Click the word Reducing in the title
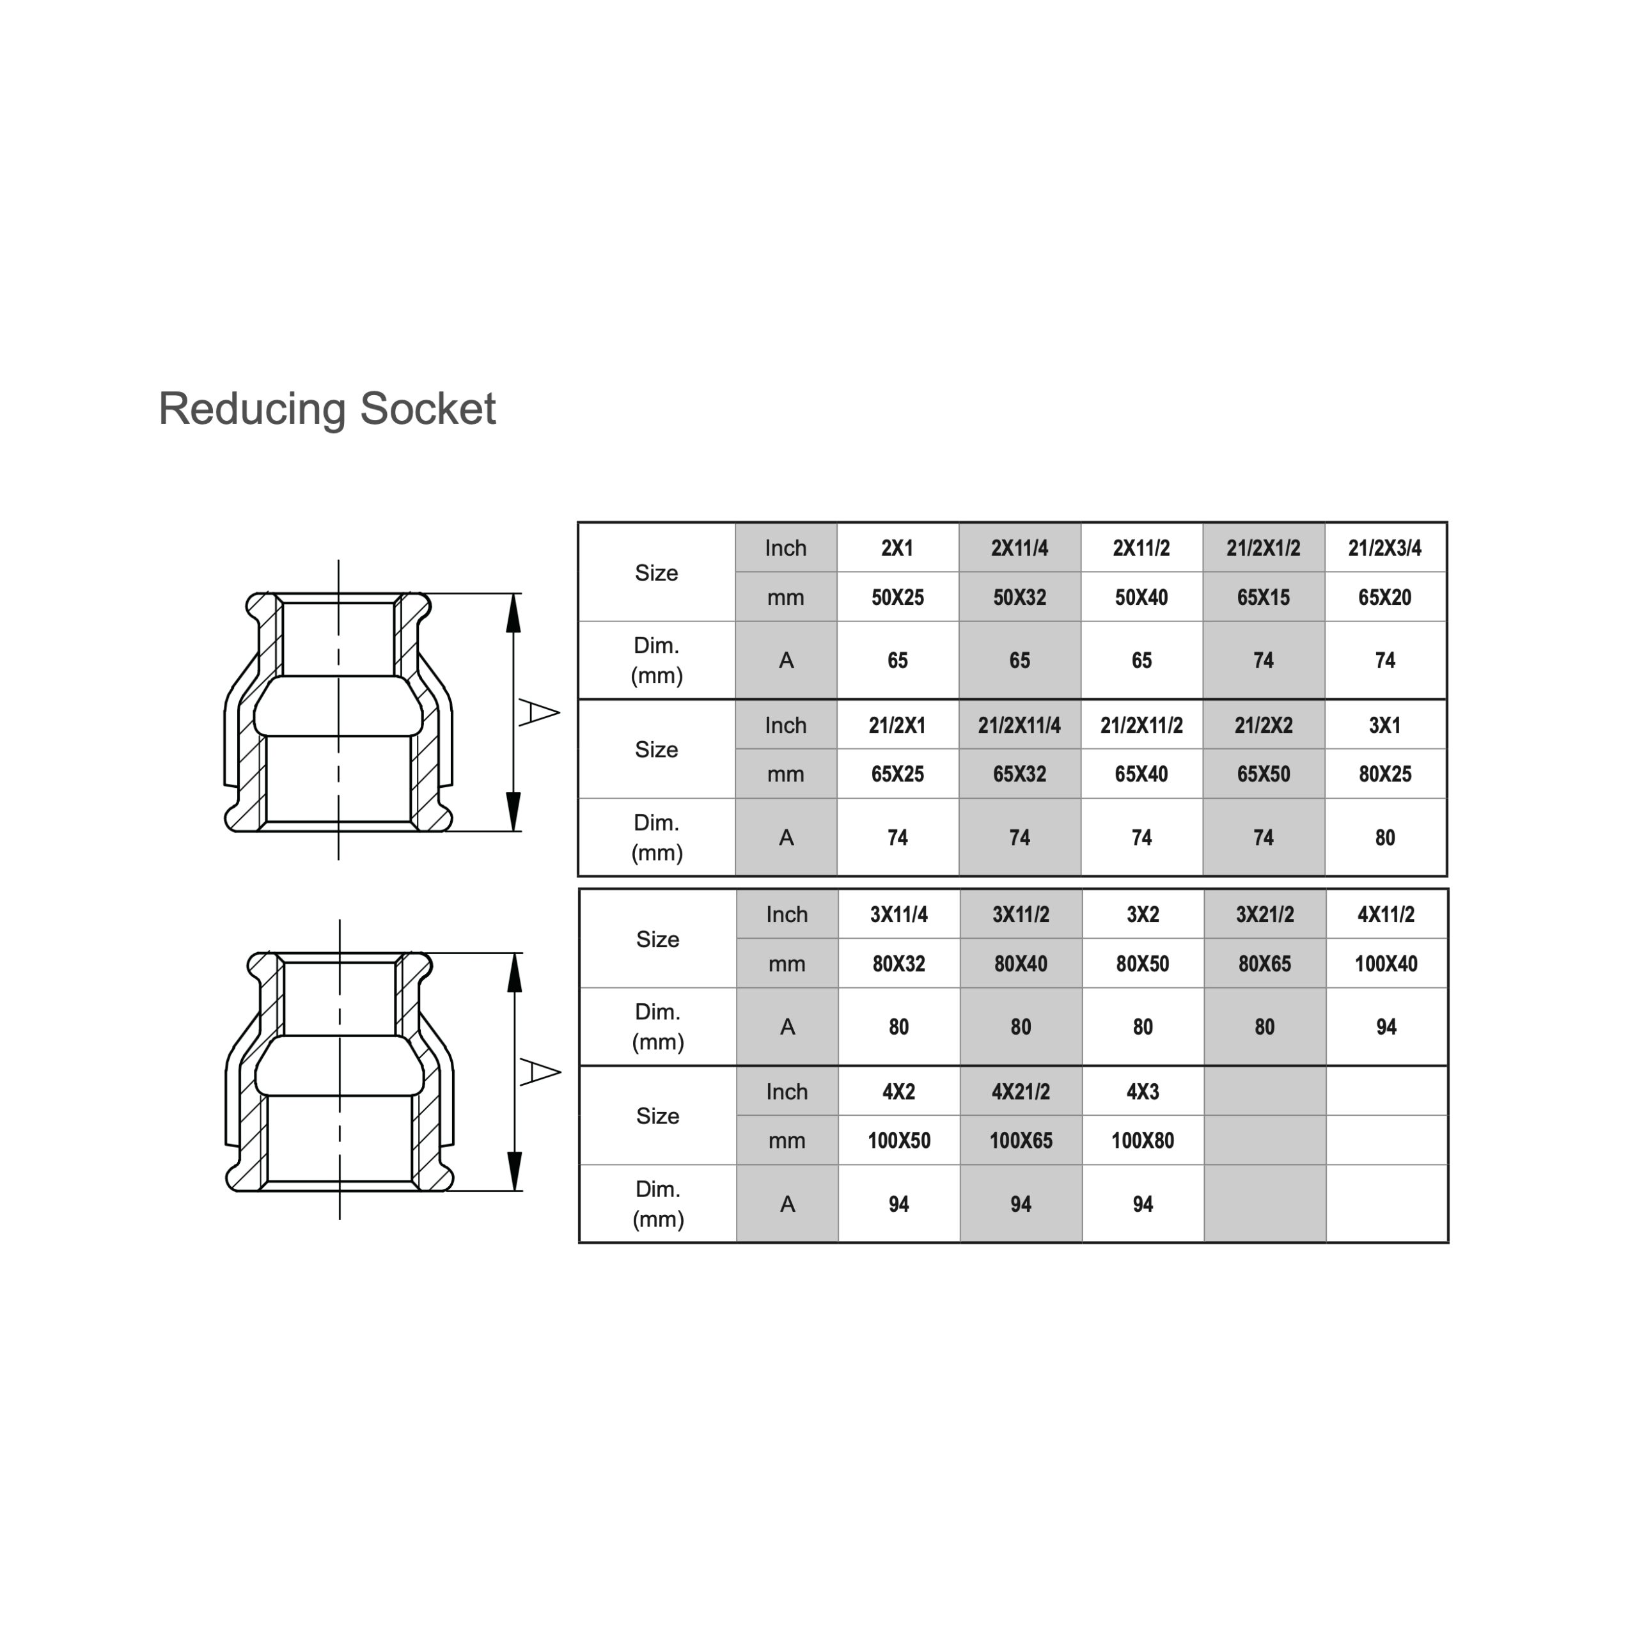pyautogui.click(x=252, y=409)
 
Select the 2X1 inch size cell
pyautogui.click(x=897, y=548)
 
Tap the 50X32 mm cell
pyautogui.click(x=1019, y=597)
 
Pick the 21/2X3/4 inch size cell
pyautogui.click(x=1384, y=548)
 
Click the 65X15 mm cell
pyautogui.click(x=1262, y=597)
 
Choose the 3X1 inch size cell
pyautogui.click(x=1384, y=725)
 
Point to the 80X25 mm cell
pyautogui.click(x=1384, y=774)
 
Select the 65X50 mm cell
pyautogui.click(x=1262, y=774)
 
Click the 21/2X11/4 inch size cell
pyautogui.click(x=1019, y=725)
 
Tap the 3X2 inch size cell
pyautogui.click(x=1142, y=914)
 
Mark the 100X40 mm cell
pyautogui.click(x=1385, y=964)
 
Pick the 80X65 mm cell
pyautogui.click(x=1264, y=964)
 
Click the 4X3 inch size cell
pyautogui.click(x=1142, y=1092)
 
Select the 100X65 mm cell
pyautogui.click(x=1020, y=1141)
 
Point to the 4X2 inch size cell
pyautogui.click(x=898, y=1092)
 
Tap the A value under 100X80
pyautogui.click(x=1142, y=1204)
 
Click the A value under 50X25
pyautogui.click(x=897, y=660)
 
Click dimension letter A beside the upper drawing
pyautogui.click(x=538, y=712)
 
